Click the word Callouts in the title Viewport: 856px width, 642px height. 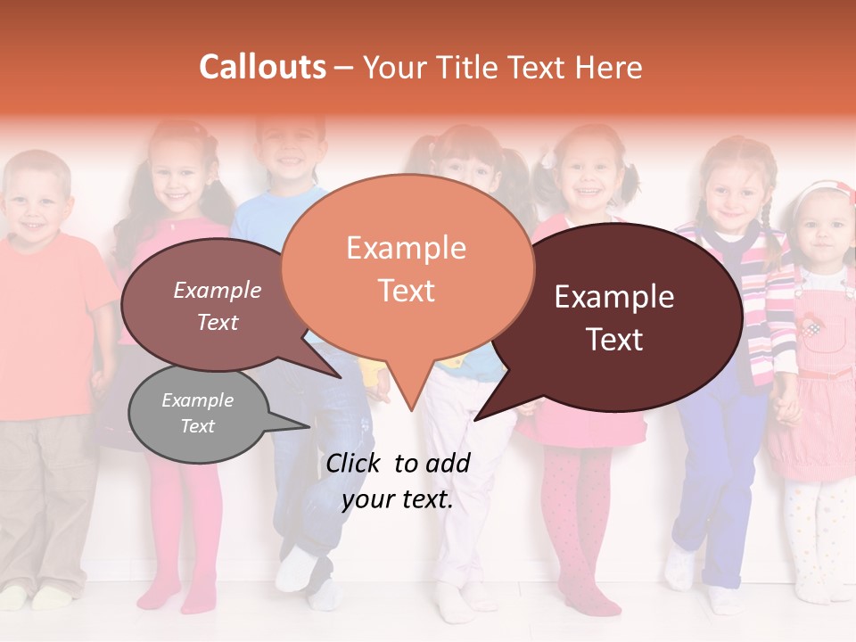(262, 67)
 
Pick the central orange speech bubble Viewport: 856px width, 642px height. (407, 267)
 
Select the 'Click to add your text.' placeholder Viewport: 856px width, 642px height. (398, 481)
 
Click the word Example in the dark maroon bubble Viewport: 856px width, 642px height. (614, 297)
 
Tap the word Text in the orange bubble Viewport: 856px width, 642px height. (407, 291)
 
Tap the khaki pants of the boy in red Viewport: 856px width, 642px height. (45, 499)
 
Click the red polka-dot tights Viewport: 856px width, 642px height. (580, 517)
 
